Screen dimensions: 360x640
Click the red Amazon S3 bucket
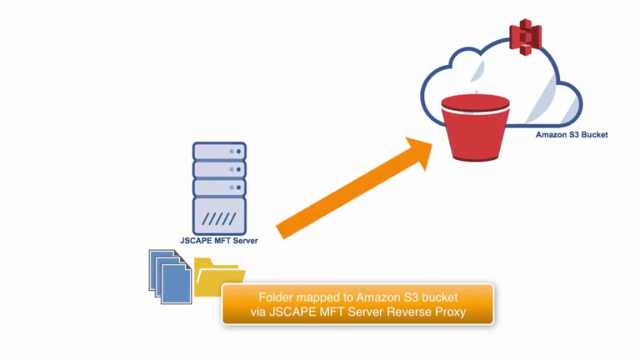[475, 132]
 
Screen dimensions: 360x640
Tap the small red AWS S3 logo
[525, 36]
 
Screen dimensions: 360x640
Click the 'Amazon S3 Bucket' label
[571, 134]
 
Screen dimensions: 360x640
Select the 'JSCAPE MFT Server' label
[219, 240]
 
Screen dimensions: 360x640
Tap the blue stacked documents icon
[170, 277]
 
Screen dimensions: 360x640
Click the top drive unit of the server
[219, 151]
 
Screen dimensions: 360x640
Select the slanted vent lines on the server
[219, 219]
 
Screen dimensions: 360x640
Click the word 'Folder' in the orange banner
[275, 297]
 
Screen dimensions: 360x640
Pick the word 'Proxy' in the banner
[451, 312]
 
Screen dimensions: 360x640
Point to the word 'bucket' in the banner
[439, 297]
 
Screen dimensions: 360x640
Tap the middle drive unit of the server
[219, 169]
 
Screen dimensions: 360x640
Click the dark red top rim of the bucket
[475, 103]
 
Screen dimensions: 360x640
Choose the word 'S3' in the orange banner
[410, 297]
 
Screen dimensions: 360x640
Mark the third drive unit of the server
[219, 187]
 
